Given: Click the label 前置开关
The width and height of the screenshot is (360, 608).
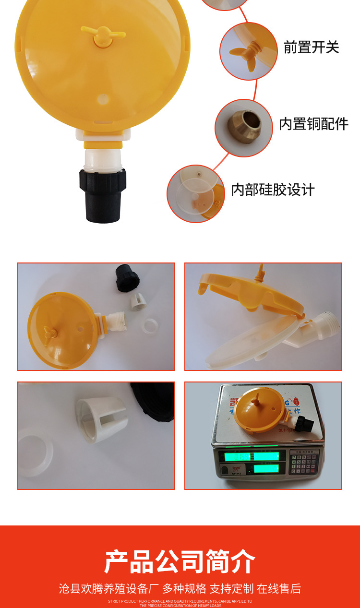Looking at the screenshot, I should tap(312, 47).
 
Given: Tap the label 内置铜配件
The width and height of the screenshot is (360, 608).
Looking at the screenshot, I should tap(313, 123).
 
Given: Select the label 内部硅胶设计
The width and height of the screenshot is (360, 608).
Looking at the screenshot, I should tap(273, 190).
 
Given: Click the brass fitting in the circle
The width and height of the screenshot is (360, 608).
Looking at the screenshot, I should tap(244, 127).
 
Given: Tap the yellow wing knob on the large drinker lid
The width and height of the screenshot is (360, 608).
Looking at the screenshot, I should tap(102, 36).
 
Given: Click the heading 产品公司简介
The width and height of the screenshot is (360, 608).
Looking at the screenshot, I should tap(180, 561).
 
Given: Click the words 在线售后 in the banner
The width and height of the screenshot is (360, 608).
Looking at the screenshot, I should tap(279, 588).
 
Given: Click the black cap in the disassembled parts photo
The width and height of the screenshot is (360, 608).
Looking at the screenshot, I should tap(127, 277).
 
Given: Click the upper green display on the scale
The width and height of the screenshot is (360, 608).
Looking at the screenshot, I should tap(250, 456).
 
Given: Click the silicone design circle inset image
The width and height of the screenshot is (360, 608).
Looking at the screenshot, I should tap(196, 193).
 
